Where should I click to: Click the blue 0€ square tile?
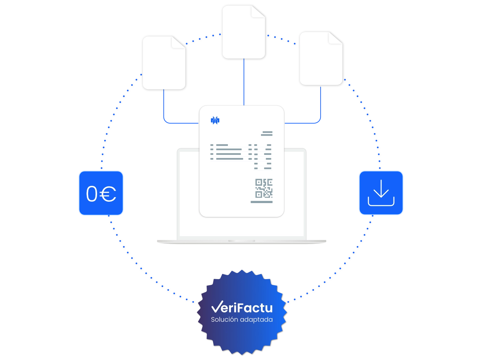(x=101, y=193)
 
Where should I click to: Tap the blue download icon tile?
(x=381, y=192)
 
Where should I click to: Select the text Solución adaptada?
(x=242, y=319)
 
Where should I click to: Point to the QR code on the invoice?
(x=264, y=188)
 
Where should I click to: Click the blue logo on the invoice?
(x=215, y=120)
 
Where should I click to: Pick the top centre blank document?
(x=243, y=32)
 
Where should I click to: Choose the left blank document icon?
(x=164, y=63)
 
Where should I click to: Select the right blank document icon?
(x=321, y=59)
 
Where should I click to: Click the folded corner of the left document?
(x=178, y=42)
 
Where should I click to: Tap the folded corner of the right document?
(x=335, y=38)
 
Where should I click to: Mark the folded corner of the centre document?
(x=258, y=12)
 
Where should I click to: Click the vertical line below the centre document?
(x=244, y=82)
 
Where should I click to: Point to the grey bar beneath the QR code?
(x=262, y=202)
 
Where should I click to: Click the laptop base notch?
(x=242, y=241)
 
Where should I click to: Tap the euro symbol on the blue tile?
(x=108, y=194)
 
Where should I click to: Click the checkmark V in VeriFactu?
(x=217, y=306)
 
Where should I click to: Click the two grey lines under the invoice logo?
(x=266, y=134)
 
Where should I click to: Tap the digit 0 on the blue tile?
(x=92, y=193)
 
